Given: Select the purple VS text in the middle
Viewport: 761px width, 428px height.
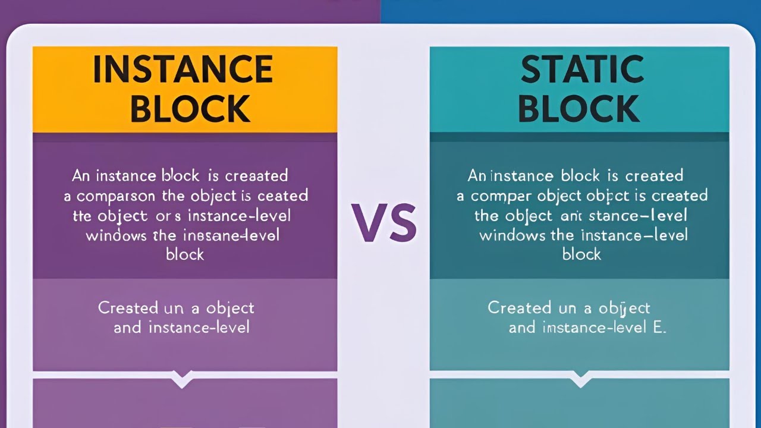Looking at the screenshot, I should click(x=383, y=223).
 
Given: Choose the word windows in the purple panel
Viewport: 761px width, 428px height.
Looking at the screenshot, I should click(x=117, y=235).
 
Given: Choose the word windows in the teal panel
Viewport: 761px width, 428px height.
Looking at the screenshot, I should click(x=512, y=235).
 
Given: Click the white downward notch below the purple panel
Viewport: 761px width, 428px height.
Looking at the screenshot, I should click(x=182, y=378).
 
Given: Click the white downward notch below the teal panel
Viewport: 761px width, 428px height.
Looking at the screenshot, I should click(x=579, y=378).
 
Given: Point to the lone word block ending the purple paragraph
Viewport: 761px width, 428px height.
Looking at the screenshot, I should click(x=184, y=254).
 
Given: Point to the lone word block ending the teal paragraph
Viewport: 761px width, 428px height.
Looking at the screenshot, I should click(x=581, y=254).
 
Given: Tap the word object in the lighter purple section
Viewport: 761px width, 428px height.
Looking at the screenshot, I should click(x=230, y=309).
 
